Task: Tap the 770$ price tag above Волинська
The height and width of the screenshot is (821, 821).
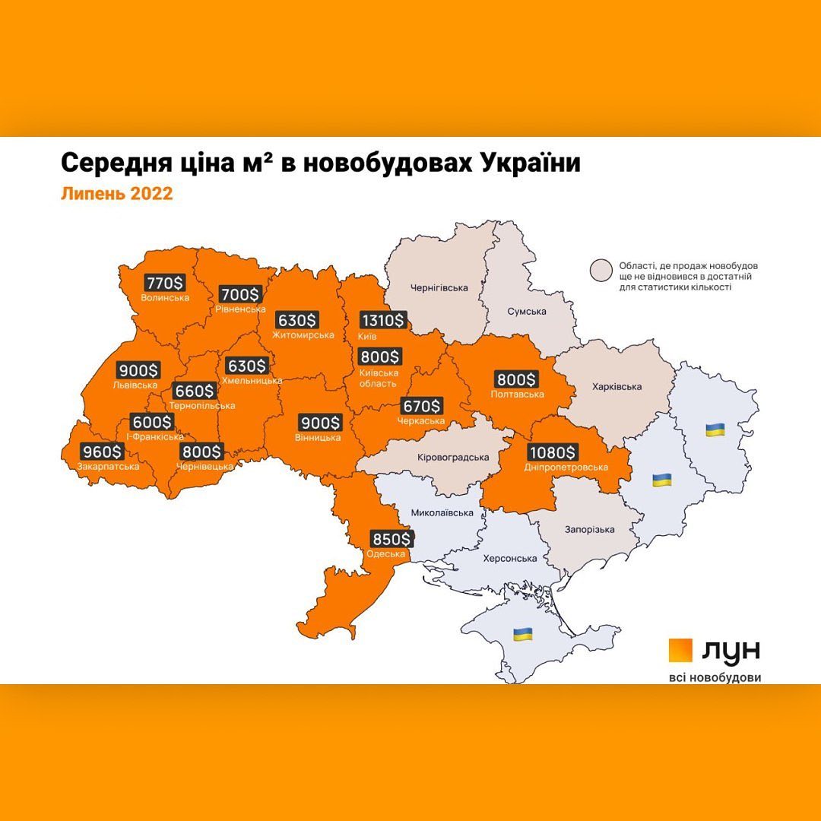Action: pyautogui.click(x=163, y=283)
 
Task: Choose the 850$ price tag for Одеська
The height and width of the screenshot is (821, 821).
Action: pyautogui.click(x=391, y=539)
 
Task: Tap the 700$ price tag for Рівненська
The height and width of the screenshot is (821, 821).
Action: pyautogui.click(x=239, y=293)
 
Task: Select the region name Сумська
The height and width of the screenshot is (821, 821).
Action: pyautogui.click(x=528, y=312)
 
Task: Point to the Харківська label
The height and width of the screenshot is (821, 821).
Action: pyautogui.click(x=617, y=386)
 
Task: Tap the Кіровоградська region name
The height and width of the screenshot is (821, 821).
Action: pyautogui.click(x=453, y=458)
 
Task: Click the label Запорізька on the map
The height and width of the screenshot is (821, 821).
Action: pyautogui.click(x=590, y=529)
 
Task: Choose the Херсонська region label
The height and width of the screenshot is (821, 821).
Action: pyautogui.click(x=510, y=558)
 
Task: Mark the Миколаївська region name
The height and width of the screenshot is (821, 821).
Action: pyautogui.click(x=442, y=512)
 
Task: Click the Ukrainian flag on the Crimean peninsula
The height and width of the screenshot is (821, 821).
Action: pyautogui.click(x=522, y=633)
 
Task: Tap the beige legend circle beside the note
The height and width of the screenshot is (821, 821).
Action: pyautogui.click(x=602, y=270)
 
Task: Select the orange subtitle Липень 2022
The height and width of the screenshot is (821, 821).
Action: pyautogui.click(x=116, y=194)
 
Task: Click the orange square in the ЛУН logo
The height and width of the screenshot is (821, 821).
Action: pyautogui.click(x=680, y=651)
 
